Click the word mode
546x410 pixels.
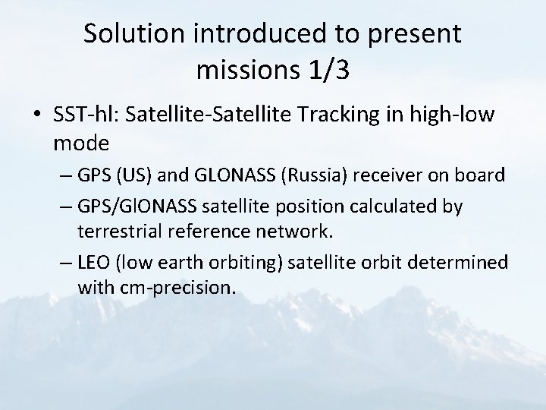(x=82, y=142)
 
